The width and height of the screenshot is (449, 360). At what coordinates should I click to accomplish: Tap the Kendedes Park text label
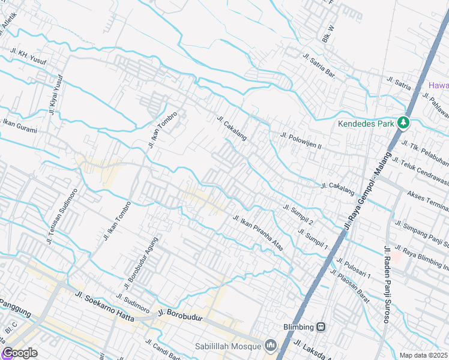(366, 124)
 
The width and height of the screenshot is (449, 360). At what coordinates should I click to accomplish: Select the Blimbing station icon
(321, 327)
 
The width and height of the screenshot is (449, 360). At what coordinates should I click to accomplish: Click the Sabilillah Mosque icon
(270, 346)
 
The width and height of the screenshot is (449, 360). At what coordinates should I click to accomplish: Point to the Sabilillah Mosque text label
(228, 346)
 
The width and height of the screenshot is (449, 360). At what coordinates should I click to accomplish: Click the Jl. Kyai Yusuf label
(54, 94)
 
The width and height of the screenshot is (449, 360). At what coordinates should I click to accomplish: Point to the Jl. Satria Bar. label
(319, 65)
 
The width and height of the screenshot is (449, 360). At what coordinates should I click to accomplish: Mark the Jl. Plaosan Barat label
(349, 288)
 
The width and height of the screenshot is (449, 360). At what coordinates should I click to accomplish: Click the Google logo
(20, 353)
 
